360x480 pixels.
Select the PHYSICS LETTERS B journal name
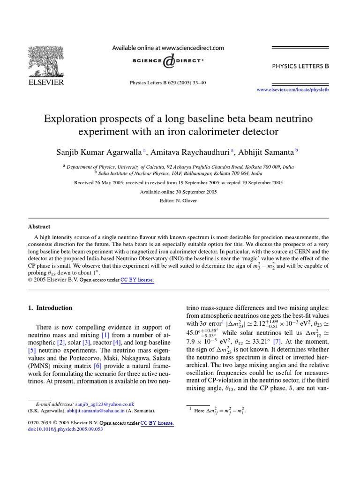coord(300,66)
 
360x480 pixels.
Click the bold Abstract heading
coord(39,226)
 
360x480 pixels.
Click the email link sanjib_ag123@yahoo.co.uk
coord(105,404)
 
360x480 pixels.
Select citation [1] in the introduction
coord(105,335)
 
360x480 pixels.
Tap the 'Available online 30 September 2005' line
coord(178,192)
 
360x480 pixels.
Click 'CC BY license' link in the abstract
coord(137,280)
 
